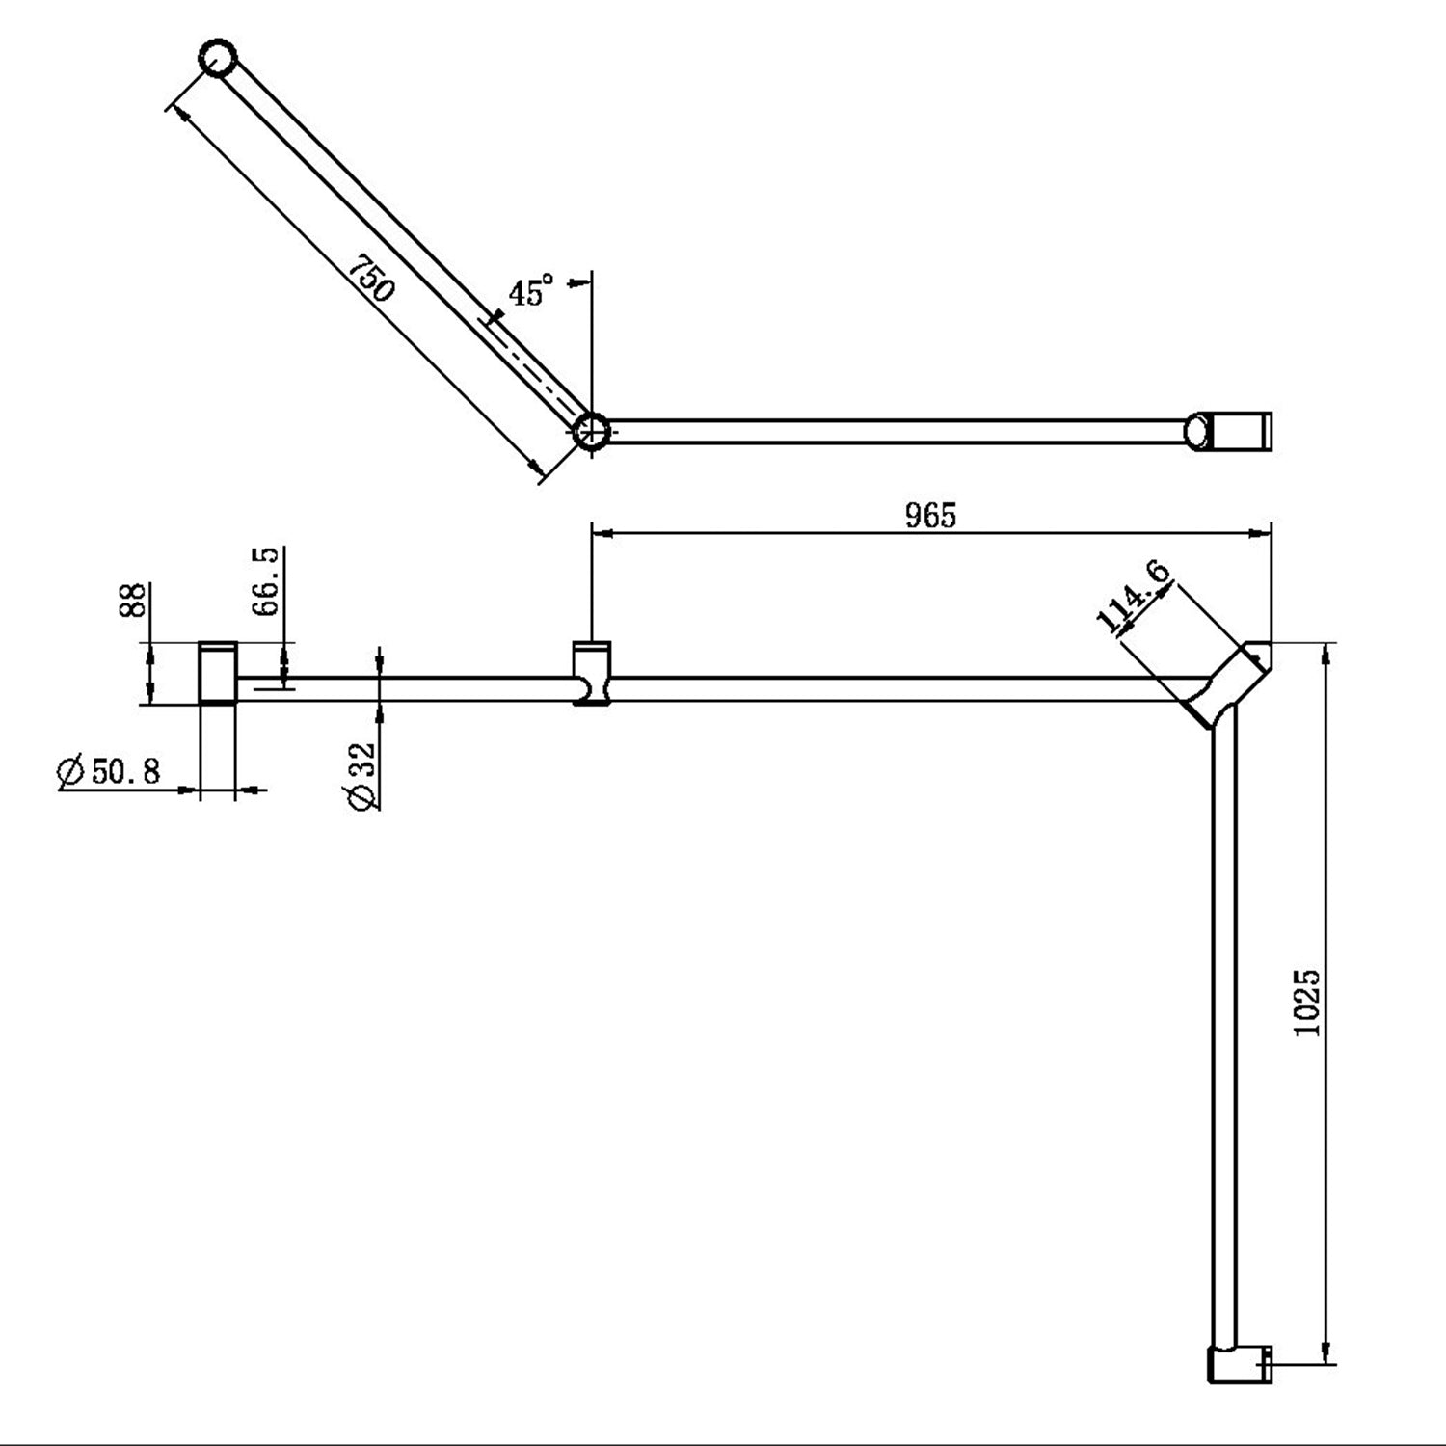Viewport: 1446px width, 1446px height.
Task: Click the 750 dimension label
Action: point(372,278)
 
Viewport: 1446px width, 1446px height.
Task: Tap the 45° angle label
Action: point(531,290)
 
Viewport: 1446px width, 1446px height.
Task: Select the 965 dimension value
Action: point(930,516)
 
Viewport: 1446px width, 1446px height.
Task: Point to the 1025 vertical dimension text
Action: point(1307,1003)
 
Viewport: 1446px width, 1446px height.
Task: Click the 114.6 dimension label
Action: point(1135,597)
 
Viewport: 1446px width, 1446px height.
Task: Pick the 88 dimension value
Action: point(134,600)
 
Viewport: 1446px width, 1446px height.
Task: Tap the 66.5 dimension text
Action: point(266,580)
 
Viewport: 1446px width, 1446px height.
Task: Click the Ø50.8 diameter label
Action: point(109,771)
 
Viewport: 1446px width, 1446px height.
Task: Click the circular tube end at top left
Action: point(218,59)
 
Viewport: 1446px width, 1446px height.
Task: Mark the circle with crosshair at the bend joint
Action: point(590,430)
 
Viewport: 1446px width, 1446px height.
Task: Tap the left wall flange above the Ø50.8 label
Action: point(218,673)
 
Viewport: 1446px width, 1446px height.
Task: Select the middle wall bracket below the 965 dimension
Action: point(592,673)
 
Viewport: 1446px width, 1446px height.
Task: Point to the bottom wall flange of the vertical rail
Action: point(1239,1364)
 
